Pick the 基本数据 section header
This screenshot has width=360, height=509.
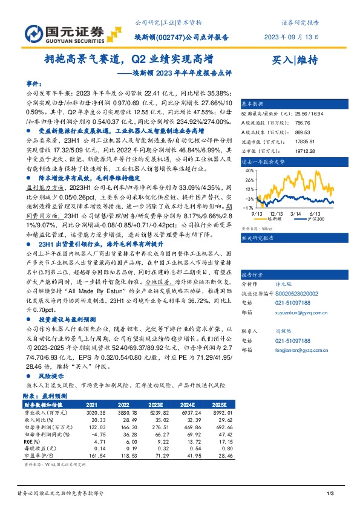[x=254, y=103]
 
